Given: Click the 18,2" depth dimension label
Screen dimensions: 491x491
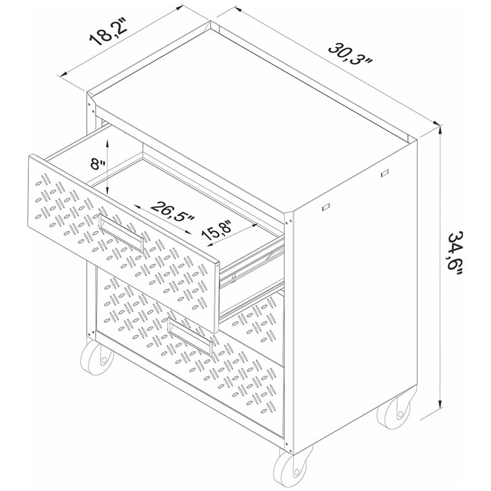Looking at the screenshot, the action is click(x=107, y=31).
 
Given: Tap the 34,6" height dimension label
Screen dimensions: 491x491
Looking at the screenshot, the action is click(x=455, y=253).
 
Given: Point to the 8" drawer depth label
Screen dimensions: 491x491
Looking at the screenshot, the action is click(x=98, y=164).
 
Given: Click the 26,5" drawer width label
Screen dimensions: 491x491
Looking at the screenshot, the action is click(x=172, y=211).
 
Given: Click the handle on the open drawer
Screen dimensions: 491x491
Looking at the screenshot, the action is click(x=121, y=232).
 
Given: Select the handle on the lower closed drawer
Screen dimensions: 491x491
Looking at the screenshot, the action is click(x=190, y=337).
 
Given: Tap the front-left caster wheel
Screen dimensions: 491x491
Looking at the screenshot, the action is click(x=97, y=358).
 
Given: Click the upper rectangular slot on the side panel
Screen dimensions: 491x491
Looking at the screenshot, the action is click(x=385, y=173).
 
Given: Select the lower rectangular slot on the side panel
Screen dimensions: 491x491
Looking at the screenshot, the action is click(x=326, y=207).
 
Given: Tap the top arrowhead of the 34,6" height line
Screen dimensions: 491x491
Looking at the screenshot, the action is click(x=441, y=129).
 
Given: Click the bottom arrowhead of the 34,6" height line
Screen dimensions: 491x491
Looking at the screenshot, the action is click(x=441, y=404).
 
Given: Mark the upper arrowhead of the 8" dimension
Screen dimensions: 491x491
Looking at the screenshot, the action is click(x=107, y=144).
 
